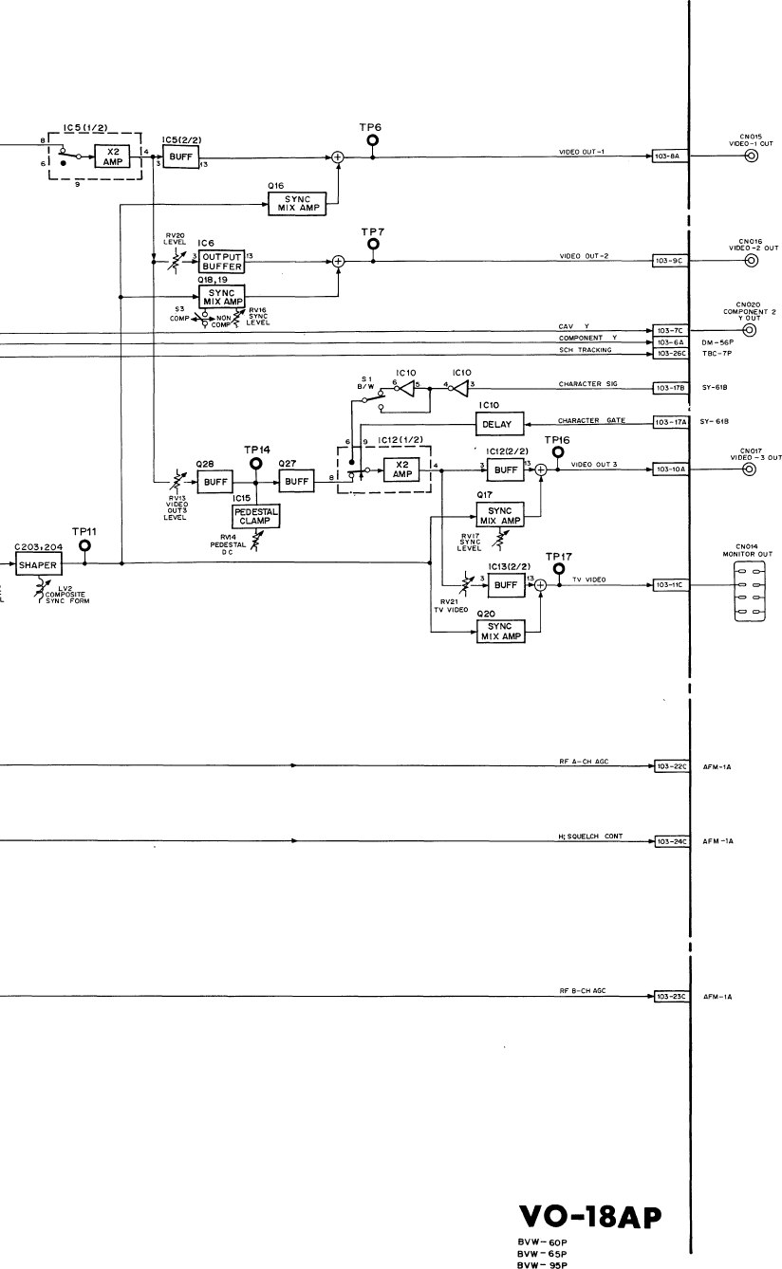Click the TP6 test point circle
point(372,139)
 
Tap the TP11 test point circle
point(86,546)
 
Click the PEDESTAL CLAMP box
point(252,515)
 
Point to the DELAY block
point(498,424)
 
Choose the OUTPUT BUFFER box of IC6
point(221,261)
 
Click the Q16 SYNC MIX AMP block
point(297,203)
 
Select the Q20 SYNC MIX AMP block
point(500,631)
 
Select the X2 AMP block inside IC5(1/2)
point(114,156)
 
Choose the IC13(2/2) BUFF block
point(500,585)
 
